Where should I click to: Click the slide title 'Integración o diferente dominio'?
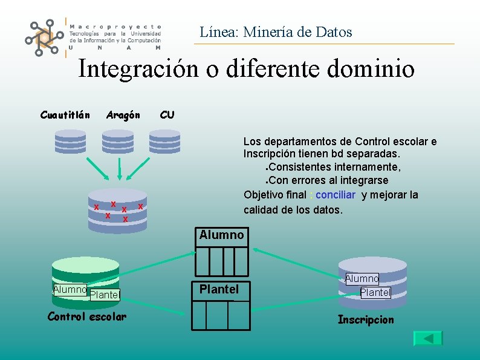pyautogui.click(x=246, y=69)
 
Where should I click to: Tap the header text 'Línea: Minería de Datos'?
pyautogui.click(x=276, y=32)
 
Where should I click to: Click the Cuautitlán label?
pyautogui.click(x=65, y=115)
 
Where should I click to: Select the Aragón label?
pyautogui.click(x=123, y=115)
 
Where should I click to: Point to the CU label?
pyautogui.click(x=167, y=115)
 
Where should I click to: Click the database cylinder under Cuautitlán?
pyautogui.click(x=71, y=143)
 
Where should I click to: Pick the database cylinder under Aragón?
pyautogui.click(x=118, y=143)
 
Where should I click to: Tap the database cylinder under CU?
pyautogui.click(x=165, y=143)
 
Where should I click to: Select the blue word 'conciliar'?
pyautogui.click(x=336, y=195)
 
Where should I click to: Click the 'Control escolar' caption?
pyautogui.click(x=87, y=316)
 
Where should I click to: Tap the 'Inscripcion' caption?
pyautogui.click(x=366, y=319)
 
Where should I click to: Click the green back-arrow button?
pyautogui.click(x=428, y=338)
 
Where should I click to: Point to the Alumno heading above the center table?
pyautogui.click(x=221, y=235)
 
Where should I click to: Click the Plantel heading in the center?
pyautogui.click(x=219, y=289)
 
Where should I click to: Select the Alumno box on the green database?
pyautogui.click(x=70, y=289)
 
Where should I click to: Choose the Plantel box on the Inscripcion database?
pyautogui.click(x=375, y=293)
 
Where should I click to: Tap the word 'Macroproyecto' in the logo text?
pyautogui.click(x=115, y=27)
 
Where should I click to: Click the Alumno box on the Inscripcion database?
pyautogui.click(x=362, y=279)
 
